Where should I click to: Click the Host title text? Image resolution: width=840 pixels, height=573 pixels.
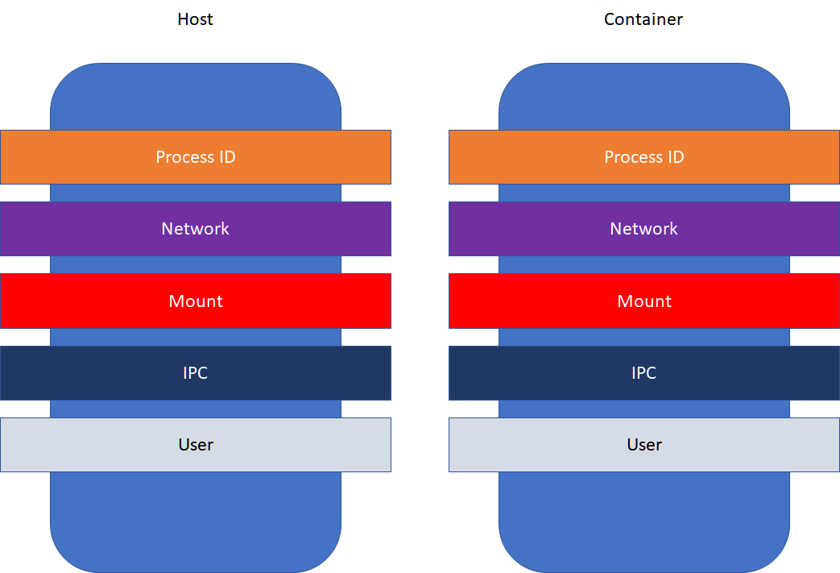click(x=195, y=19)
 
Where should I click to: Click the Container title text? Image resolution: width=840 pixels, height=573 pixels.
click(x=643, y=19)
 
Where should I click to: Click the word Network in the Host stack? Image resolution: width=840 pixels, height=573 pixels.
click(x=195, y=229)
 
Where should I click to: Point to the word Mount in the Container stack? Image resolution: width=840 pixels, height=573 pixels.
click(x=643, y=301)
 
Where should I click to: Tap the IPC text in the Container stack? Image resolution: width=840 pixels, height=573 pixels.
click(x=643, y=373)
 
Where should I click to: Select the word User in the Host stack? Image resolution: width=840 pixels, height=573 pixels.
click(x=195, y=445)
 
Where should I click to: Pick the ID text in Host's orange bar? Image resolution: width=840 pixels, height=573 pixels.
click(x=226, y=157)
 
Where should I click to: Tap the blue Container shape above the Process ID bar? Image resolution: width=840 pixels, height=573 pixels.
click(x=643, y=97)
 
